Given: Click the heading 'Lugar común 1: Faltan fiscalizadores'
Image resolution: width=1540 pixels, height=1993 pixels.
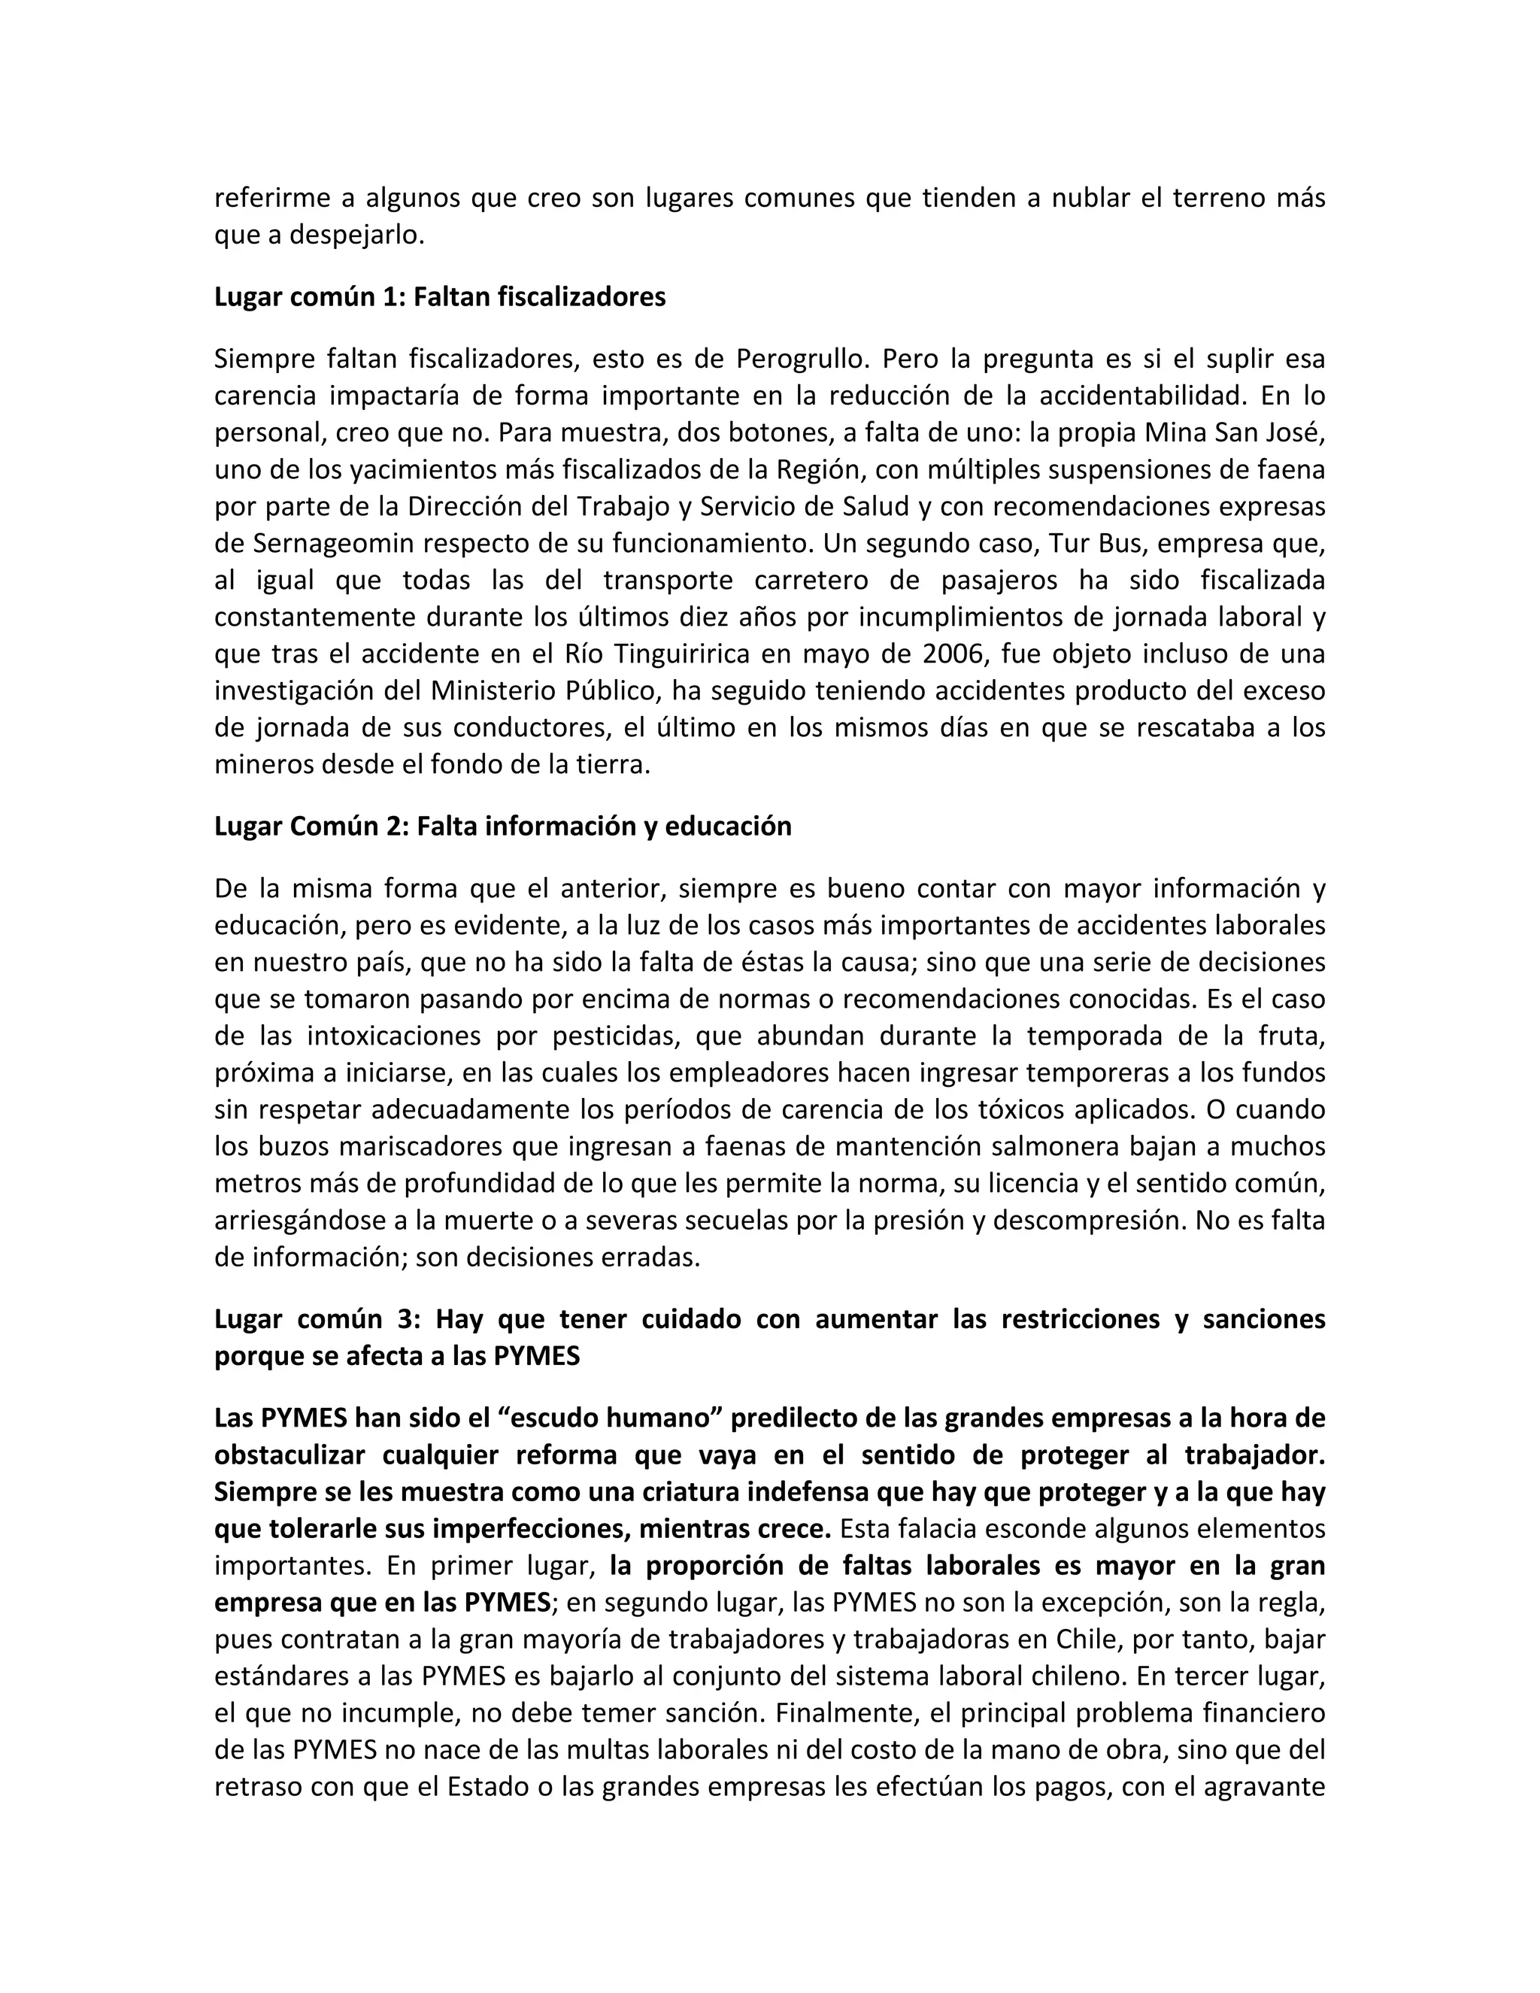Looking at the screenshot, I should pyautogui.click(x=440, y=298).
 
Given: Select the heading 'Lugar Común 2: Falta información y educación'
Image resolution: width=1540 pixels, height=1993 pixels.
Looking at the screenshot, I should pyautogui.click(x=503, y=826).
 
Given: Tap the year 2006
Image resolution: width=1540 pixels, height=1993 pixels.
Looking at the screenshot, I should pyautogui.click(x=953, y=654).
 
